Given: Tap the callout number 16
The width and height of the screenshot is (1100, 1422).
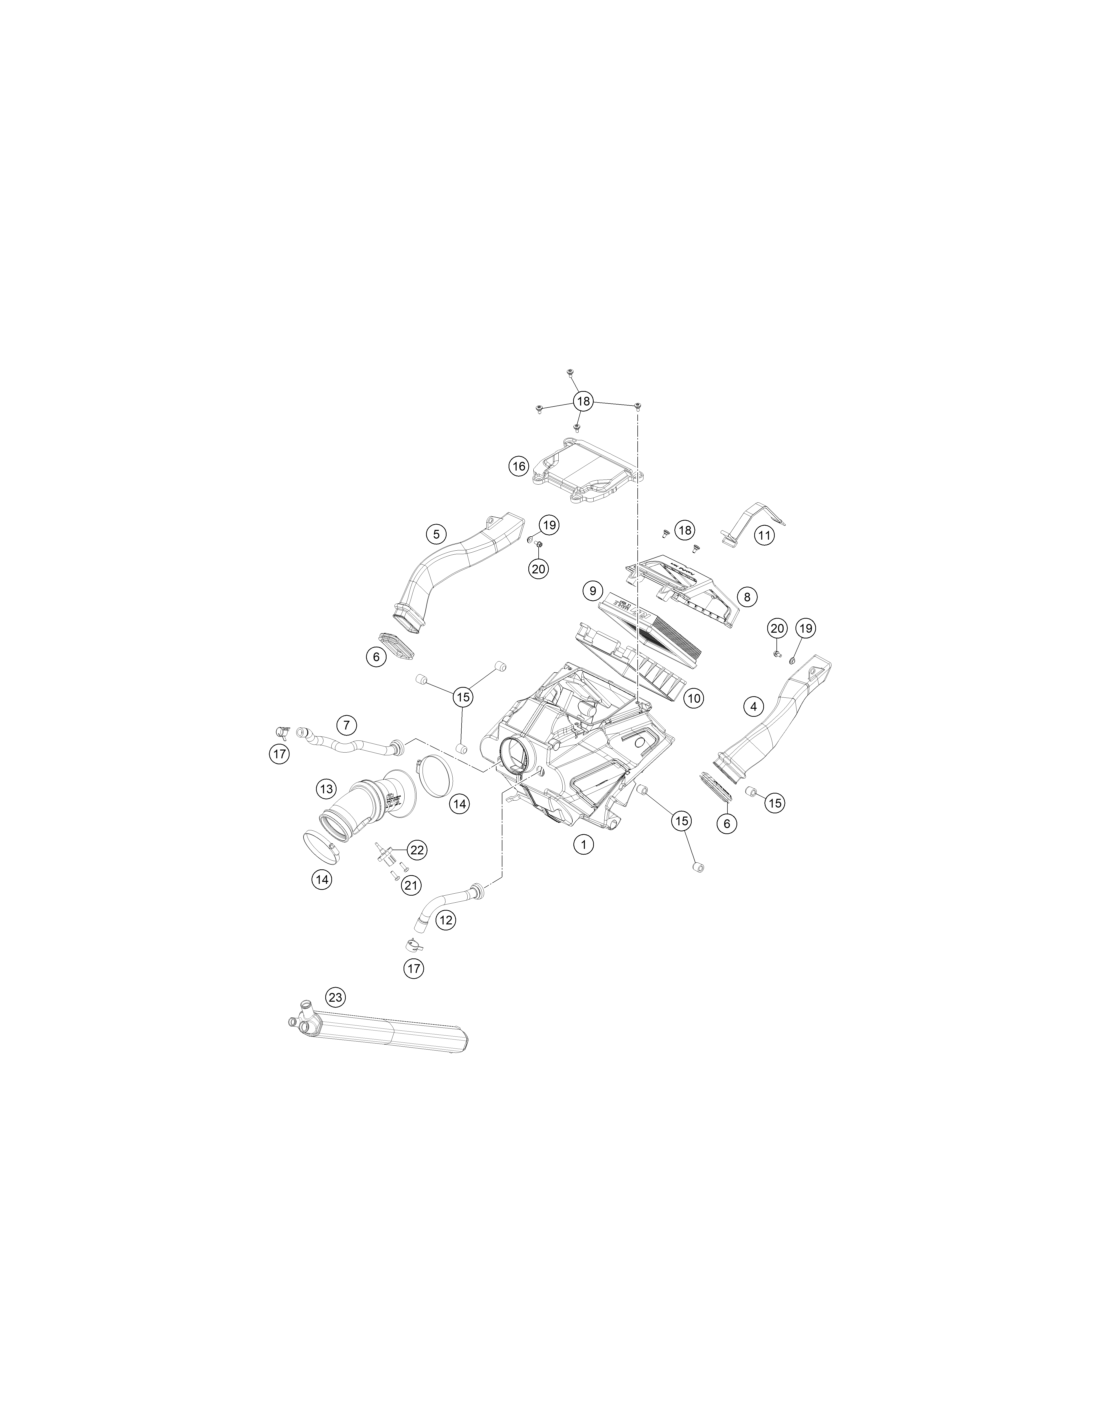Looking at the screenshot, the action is coord(519,467).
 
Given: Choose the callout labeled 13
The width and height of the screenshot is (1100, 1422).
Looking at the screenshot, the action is coord(327,789).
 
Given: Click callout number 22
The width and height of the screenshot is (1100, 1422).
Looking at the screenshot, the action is coord(417,850).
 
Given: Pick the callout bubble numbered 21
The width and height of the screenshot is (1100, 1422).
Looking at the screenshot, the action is coord(410,885).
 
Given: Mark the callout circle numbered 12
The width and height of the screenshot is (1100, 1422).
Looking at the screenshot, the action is coord(446,919).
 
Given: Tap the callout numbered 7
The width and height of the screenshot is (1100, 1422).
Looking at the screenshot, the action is coord(346,724).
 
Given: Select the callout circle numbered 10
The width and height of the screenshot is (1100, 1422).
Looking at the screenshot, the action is coord(693,698).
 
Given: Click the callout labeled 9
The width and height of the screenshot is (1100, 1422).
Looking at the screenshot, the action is coord(592,591).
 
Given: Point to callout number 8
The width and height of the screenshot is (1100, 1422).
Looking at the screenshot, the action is coord(747,596).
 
